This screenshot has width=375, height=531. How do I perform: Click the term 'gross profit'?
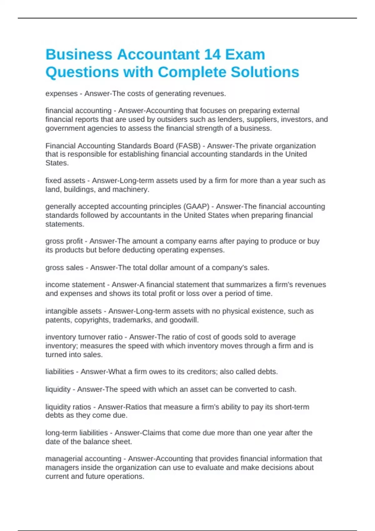pos(64,241)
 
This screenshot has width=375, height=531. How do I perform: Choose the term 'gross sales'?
pos(64,268)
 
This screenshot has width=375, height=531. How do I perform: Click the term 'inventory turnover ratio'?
pos(84,337)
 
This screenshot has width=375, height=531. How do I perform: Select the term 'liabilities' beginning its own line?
pos(60,372)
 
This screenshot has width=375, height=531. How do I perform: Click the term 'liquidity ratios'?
pos(68,407)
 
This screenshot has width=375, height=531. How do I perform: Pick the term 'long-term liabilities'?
pos(77,433)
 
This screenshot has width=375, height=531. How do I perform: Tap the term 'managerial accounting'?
pos(83,459)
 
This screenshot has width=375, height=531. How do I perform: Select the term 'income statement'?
pos(75,285)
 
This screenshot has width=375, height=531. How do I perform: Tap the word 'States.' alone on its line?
pos(57,163)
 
